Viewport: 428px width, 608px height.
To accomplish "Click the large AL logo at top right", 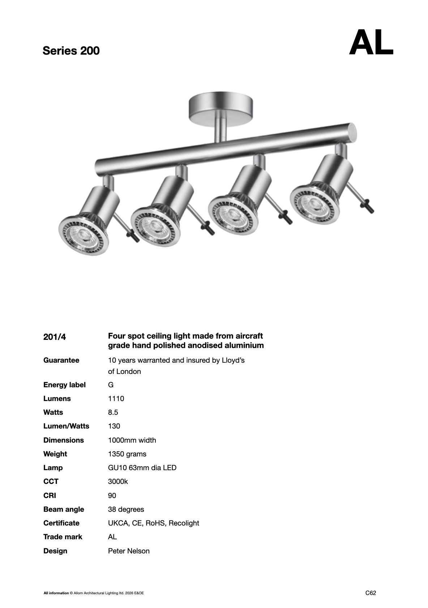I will (371, 43).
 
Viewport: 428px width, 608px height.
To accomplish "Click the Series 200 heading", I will (71, 51).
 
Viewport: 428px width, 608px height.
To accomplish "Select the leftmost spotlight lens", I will (84, 236).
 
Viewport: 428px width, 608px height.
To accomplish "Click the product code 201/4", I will (55, 337).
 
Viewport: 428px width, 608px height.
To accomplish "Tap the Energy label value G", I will (111, 385).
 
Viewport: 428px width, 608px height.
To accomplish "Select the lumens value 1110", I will (116, 398).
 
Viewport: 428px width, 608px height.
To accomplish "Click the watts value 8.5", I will (113, 412).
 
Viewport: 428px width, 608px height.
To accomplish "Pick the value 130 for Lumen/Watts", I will (114, 426).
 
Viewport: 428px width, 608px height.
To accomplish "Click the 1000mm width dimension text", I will (132, 440).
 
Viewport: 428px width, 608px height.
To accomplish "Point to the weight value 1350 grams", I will (127, 454).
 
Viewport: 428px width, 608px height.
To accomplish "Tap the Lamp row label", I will (53, 468).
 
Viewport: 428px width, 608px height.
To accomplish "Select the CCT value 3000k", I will (118, 481).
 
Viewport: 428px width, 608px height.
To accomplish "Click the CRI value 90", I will (112, 495).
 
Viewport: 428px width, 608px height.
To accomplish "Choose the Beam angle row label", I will (64, 509).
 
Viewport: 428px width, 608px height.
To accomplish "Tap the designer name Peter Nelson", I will (129, 551).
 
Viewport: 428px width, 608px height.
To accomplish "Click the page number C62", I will (371, 593).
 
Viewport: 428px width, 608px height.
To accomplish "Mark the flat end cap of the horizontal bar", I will (352, 132).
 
